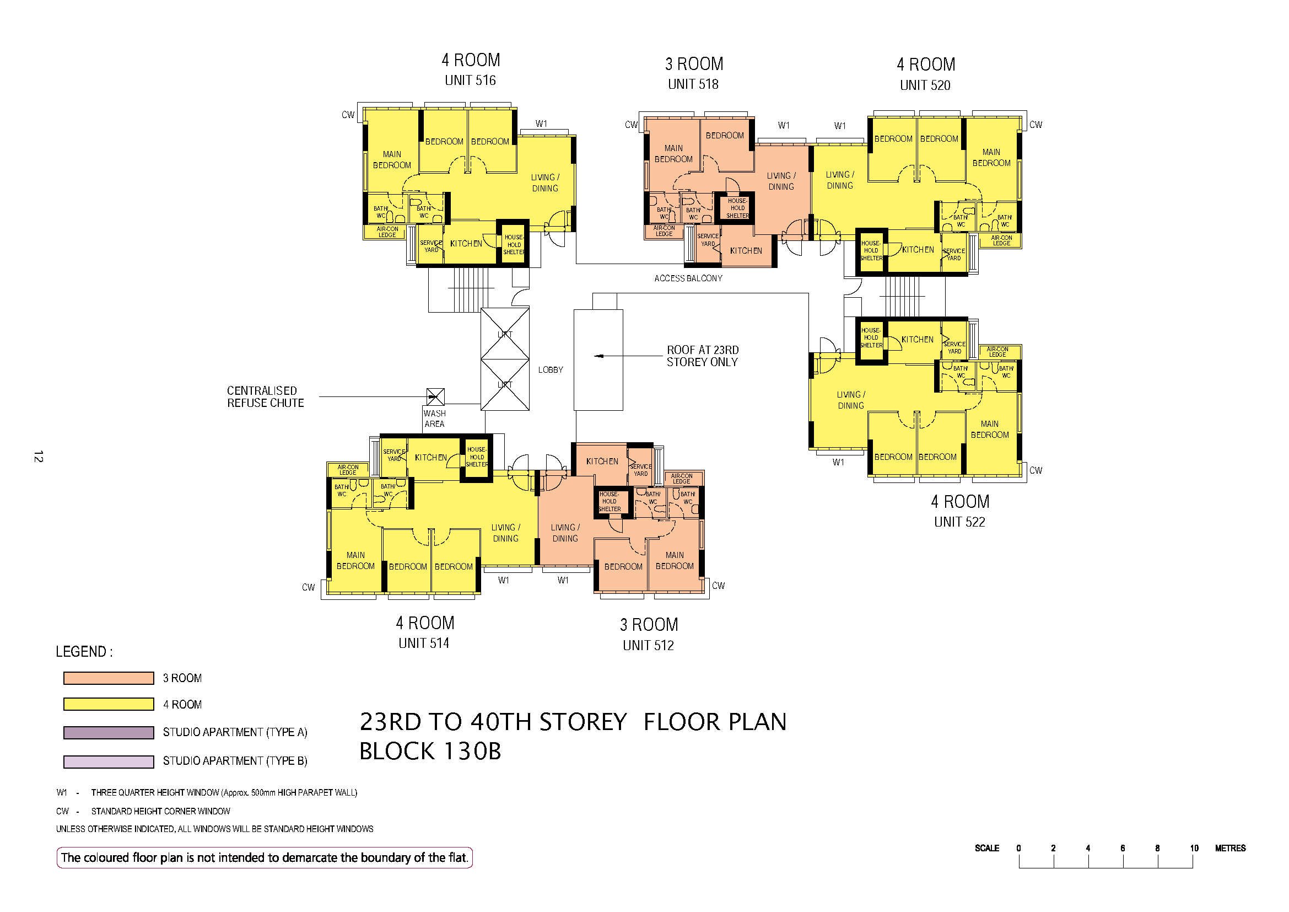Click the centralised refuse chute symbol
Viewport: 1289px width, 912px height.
pyautogui.click(x=435, y=396)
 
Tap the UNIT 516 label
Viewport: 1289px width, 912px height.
pyautogui.click(x=470, y=81)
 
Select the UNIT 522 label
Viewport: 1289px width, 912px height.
pyautogui.click(x=959, y=522)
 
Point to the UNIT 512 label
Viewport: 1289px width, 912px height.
pyautogui.click(x=648, y=645)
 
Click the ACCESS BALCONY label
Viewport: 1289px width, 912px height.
pyautogui.click(x=688, y=278)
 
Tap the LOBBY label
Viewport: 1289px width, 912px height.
pyautogui.click(x=550, y=369)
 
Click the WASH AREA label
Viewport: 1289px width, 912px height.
pyautogui.click(x=434, y=419)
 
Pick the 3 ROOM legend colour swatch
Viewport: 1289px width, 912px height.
pyautogui.click(x=109, y=678)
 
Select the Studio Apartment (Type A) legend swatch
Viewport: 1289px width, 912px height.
pyautogui.click(x=109, y=732)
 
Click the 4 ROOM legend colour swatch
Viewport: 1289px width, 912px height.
pyautogui.click(x=109, y=704)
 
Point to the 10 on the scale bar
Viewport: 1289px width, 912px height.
pyautogui.click(x=1194, y=848)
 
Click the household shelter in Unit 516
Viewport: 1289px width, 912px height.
pyautogui.click(x=513, y=244)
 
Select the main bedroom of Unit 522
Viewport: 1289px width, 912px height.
pyautogui.click(x=990, y=430)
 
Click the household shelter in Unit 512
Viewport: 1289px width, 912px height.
pyautogui.click(x=609, y=501)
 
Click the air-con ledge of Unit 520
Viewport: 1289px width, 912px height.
pyautogui.click(x=1001, y=241)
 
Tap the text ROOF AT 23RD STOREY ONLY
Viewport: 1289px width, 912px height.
pyautogui.click(x=702, y=356)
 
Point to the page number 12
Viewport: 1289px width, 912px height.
pyautogui.click(x=38, y=457)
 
